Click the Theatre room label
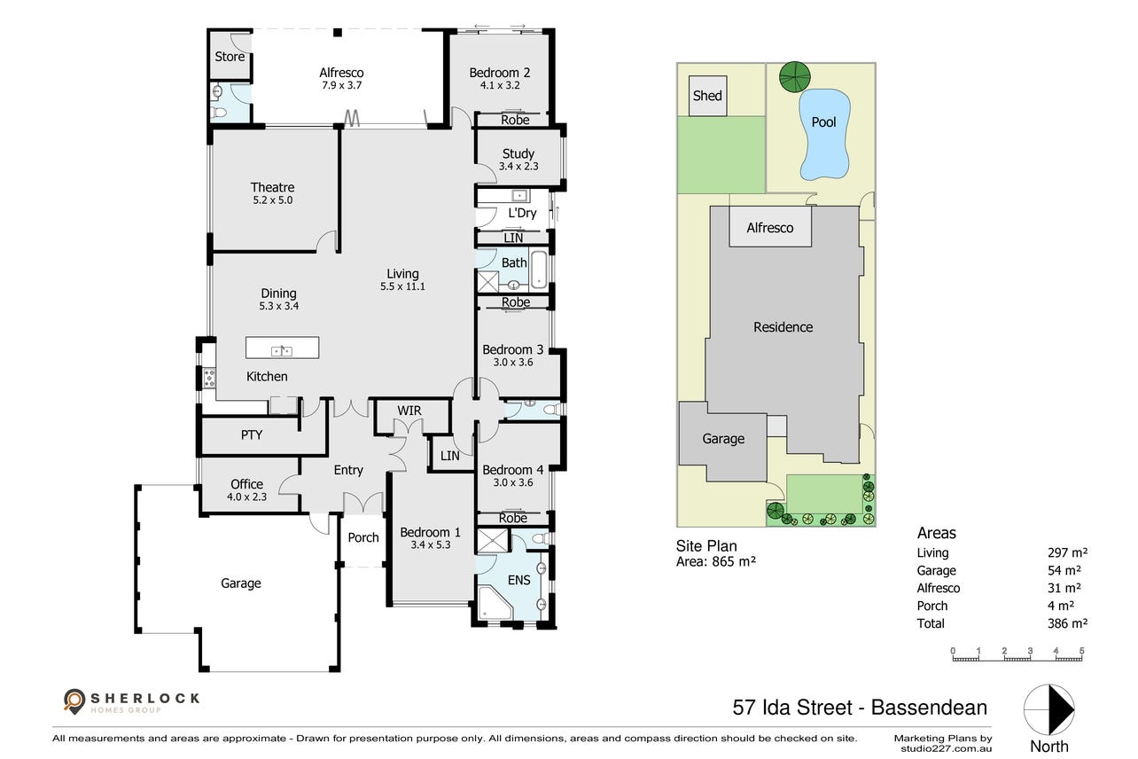click(272, 187)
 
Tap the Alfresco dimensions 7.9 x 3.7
click(341, 85)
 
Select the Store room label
click(230, 57)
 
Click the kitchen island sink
click(282, 350)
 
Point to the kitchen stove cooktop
click(209, 379)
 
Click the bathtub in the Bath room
click(539, 269)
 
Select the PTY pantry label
click(252, 434)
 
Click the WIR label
click(409, 411)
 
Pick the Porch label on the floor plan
click(363, 537)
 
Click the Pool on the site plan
click(824, 134)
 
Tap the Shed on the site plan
click(707, 96)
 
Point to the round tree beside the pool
click(795, 77)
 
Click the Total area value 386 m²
click(1067, 623)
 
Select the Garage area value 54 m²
click(1064, 570)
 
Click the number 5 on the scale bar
click(1081, 651)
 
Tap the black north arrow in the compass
click(1061, 709)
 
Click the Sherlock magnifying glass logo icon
click(74, 701)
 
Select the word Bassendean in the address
click(929, 708)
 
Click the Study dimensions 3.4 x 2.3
click(518, 166)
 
